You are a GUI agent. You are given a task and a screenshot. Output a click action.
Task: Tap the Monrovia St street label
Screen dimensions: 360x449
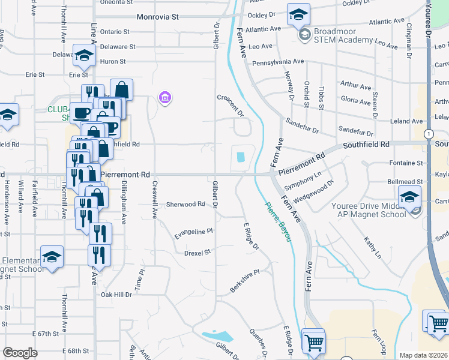click(x=158, y=17)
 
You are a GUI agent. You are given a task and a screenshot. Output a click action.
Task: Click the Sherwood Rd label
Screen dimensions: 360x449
click(x=185, y=204)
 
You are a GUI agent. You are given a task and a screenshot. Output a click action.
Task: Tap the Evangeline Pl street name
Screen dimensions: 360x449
click(x=193, y=232)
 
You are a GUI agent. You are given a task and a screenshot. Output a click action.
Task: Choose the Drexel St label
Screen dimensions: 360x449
click(x=197, y=253)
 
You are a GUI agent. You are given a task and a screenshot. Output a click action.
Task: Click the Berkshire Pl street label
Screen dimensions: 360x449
click(x=244, y=281)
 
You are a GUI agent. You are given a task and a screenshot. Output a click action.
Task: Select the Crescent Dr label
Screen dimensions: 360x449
click(x=230, y=105)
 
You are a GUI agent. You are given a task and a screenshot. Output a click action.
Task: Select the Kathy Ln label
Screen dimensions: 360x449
click(x=372, y=247)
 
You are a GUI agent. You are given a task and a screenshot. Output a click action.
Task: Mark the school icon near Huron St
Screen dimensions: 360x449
click(x=84, y=55)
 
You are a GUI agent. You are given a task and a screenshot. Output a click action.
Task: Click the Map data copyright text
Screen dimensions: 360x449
click(x=423, y=355)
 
